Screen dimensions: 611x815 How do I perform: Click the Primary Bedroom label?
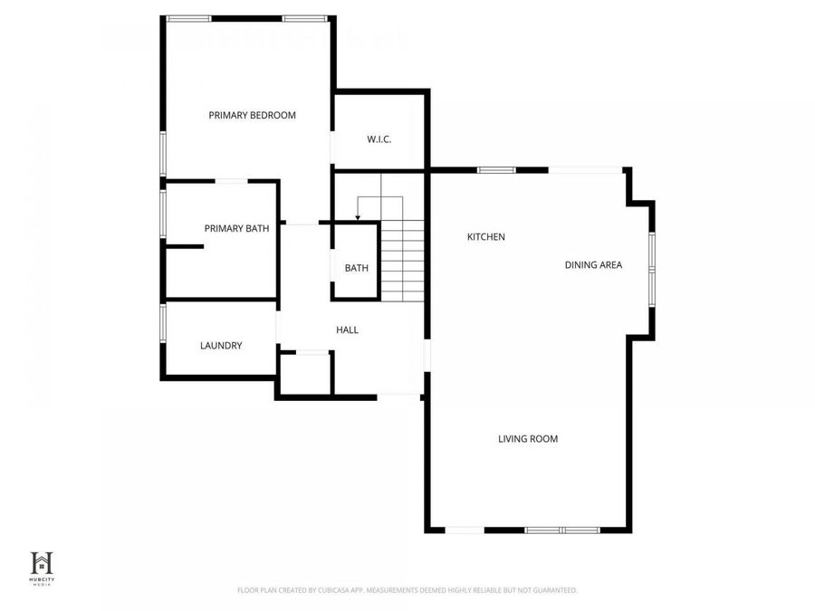[x=252, y=115]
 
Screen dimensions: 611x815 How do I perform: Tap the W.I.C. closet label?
[x=379, y=138]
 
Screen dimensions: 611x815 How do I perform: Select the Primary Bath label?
[x=236, y=228]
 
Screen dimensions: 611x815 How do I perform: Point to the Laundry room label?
[x=221, y=345]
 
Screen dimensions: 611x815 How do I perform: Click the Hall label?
[x=347, y=329]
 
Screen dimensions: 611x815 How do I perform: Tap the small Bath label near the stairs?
[x=356, y=268]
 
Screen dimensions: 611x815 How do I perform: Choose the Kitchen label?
[x=485, y=236]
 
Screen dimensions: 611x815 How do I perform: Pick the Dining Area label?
[x=593, y=264]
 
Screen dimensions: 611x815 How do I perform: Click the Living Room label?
[x=527, y=439]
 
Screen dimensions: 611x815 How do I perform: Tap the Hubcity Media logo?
[x=42, y=566]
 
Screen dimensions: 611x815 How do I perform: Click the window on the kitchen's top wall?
[x=496, y=169]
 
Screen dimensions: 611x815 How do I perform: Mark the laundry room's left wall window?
[x=163, y=322]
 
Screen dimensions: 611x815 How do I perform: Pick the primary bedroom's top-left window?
[x=188, y=18]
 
